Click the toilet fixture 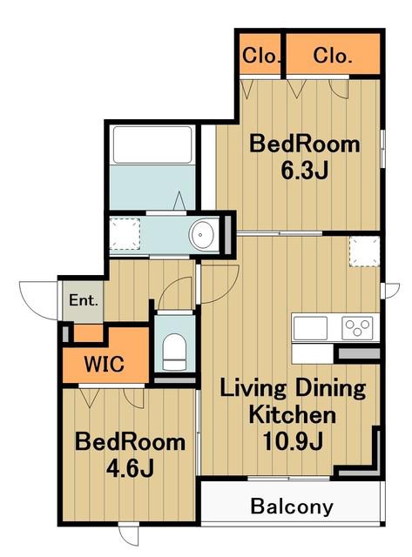coord(174,352)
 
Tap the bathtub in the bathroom coord(152,144)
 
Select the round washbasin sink coord(201,235)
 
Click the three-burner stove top coord(358,328)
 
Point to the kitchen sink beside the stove coord(310,328)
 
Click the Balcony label coord(292,507)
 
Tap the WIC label coord(105,364)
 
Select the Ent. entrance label coord(83,300)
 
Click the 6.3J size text coord(304,171)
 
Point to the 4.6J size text coord(130,469)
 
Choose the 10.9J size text coord(293,441)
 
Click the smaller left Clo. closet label coord(260,56)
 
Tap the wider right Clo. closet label coord(333,56)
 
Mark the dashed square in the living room coord(364,252)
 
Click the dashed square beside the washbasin coord(125,234)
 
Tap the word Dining coord(330,389)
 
